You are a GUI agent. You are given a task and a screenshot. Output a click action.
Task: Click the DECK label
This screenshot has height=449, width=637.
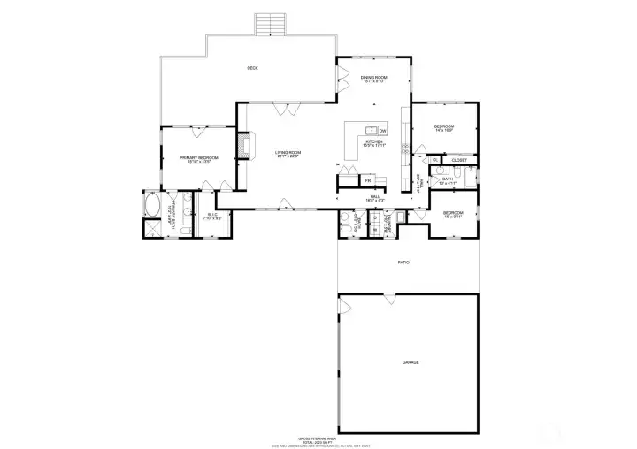coord(252,68)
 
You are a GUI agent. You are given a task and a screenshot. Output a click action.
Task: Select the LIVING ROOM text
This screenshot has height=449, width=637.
coord(288,154)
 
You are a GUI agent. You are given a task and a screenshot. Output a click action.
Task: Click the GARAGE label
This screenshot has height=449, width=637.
coord(411,362)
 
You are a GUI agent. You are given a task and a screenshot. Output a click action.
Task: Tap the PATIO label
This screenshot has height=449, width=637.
coord(403,263)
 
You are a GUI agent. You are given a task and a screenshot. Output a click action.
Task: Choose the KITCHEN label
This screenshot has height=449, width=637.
coord(374,143)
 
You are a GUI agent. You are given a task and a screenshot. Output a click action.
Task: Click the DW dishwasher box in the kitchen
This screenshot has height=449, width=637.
coord(383,131)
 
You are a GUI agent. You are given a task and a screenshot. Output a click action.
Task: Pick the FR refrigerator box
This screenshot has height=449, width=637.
coord(368,181)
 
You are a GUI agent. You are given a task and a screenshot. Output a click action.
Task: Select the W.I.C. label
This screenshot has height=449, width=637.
coord(212,215)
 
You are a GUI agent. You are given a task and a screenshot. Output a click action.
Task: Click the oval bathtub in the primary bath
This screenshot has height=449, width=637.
coord(151,207)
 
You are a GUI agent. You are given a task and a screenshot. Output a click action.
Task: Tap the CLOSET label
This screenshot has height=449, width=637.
coord(459,160)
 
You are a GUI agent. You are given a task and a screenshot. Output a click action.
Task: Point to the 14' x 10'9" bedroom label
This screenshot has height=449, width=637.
coord(443,129)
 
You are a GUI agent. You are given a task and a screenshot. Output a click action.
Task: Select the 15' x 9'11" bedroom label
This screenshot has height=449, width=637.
coord(453,214)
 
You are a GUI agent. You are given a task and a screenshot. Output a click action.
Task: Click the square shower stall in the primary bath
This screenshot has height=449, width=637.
coord(151,228)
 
